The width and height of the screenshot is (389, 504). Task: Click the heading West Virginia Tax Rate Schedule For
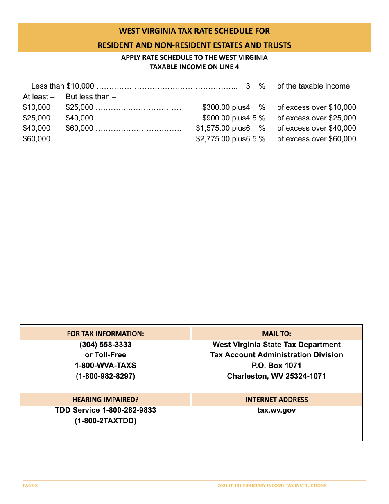[194, 31]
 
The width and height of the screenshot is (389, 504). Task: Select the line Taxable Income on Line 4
[194, 67]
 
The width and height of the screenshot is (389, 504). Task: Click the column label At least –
[38, 97]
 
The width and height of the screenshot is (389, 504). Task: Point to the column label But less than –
[91, 97]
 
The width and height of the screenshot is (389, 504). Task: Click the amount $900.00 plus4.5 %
[233, 118]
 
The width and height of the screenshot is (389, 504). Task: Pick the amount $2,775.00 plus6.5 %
[231, 139]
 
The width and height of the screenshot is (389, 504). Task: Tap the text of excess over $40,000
[317, 128]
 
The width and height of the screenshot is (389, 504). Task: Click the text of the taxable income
[313, 86]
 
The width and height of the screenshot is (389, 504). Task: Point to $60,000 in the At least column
[36, 139]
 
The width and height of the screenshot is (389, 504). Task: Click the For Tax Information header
[105, 334]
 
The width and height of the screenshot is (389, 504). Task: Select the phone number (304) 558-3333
[105, 345]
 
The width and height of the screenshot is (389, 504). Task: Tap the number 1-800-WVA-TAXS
[105, 365]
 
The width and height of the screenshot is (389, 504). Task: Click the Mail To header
[276, 334]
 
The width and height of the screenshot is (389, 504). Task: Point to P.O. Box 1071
[276, 365]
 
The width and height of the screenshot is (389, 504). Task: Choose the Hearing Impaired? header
[105, 400]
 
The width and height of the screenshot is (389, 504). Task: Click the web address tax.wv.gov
[276, 410]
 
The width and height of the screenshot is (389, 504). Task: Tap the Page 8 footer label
[30, 486]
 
